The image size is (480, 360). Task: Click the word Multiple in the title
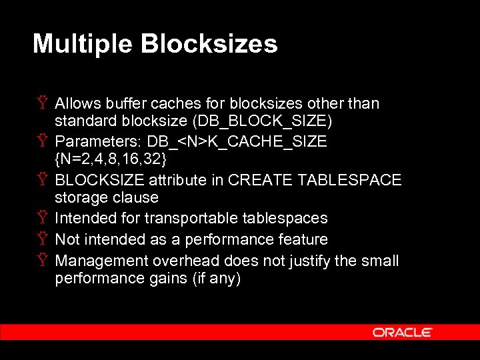82,44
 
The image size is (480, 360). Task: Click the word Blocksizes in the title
209,44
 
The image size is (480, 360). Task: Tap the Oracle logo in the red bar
402,332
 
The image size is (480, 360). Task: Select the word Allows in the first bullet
77,103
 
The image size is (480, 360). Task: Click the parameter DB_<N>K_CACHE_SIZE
237,142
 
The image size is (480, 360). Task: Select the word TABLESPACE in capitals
349,180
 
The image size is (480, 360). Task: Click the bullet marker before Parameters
42,142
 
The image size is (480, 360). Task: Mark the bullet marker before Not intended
42,239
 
